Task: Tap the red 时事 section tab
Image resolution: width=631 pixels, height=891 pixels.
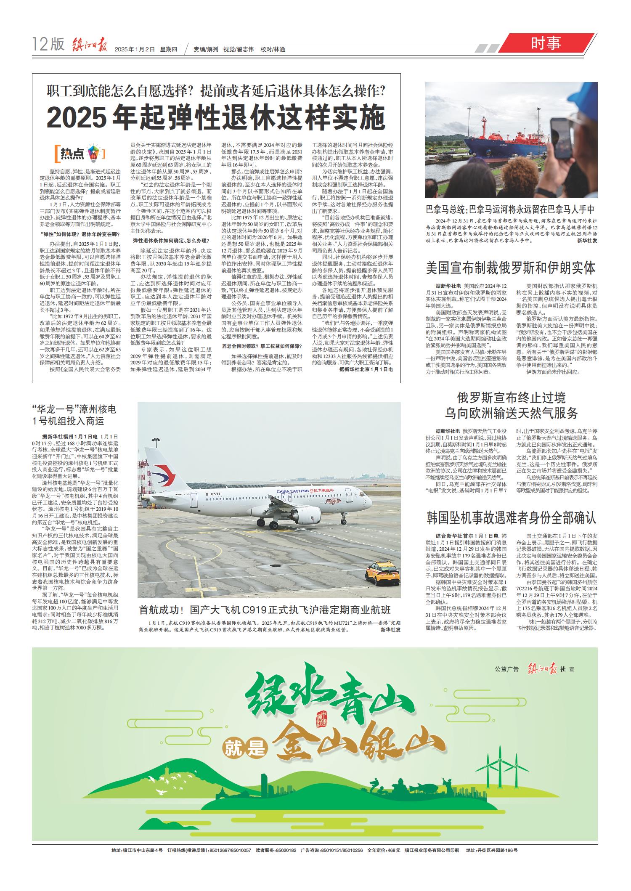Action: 546,43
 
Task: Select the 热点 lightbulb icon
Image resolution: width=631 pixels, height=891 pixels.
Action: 93,154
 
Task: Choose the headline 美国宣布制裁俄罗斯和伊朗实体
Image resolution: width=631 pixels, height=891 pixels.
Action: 511,268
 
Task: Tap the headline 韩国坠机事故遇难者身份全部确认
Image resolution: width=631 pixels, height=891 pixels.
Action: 511,518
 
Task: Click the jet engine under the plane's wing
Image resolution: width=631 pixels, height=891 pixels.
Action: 305,514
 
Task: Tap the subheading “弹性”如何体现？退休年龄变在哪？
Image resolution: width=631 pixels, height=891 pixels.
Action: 79,234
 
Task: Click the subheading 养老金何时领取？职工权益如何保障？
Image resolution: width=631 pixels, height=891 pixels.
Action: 262,346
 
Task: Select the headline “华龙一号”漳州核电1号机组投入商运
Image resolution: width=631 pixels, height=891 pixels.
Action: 74,415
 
